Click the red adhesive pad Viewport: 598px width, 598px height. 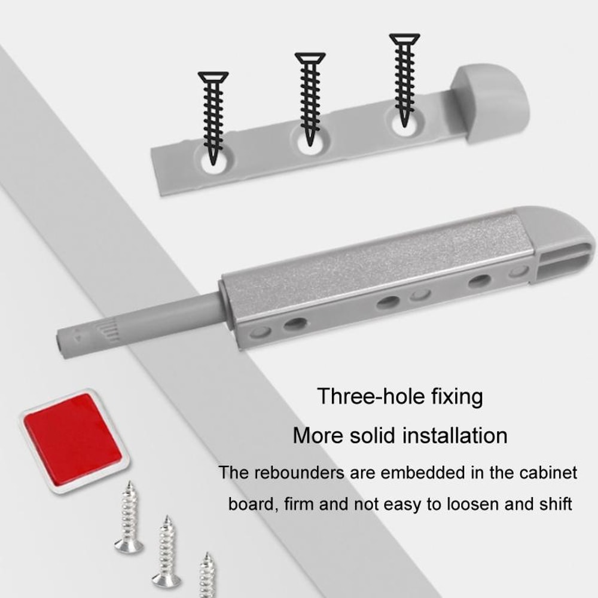coord(72,438)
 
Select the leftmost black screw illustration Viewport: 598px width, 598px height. coord(213,117)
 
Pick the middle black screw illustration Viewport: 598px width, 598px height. coord(310,99)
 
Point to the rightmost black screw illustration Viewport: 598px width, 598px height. coord(404,78)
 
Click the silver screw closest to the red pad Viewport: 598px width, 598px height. coord(129,518)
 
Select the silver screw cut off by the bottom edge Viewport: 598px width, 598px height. coord(207,575)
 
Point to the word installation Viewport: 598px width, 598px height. coord(455,435)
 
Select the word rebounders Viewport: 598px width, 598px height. coord(300,472)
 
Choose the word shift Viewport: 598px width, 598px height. coord(551,504)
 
